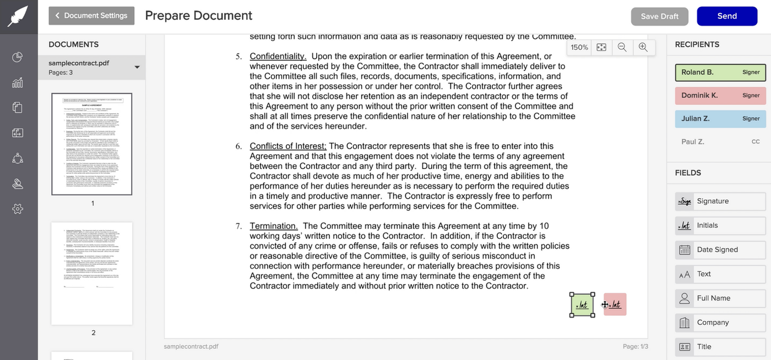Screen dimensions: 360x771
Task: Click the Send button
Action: pos(727,16)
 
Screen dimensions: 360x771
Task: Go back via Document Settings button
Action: pos(91,15)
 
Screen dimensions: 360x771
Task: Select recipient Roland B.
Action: pos(720,72)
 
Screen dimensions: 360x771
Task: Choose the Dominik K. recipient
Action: pos(720,95)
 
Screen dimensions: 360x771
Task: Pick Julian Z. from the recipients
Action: pos(720,118)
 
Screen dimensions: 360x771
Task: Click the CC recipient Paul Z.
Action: pos(720,141)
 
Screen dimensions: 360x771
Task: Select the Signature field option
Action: pos(720,201)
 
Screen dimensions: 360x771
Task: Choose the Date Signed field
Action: pos(720,249)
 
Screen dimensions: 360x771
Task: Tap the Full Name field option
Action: pos(720,298)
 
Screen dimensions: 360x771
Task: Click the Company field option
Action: pos(720,322)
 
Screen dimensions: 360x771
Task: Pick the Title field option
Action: pos(720,346)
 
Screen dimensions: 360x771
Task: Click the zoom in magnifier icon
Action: pos(643,47)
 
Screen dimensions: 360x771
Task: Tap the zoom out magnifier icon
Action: pos(622,47)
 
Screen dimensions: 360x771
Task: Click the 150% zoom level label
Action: pos(579,47)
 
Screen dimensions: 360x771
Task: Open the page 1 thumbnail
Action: pos(92,144)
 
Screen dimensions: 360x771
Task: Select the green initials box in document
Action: pos(582,304)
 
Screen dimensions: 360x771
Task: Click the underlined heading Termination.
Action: pos(274,226)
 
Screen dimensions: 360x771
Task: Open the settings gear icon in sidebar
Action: pos(18,209)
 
